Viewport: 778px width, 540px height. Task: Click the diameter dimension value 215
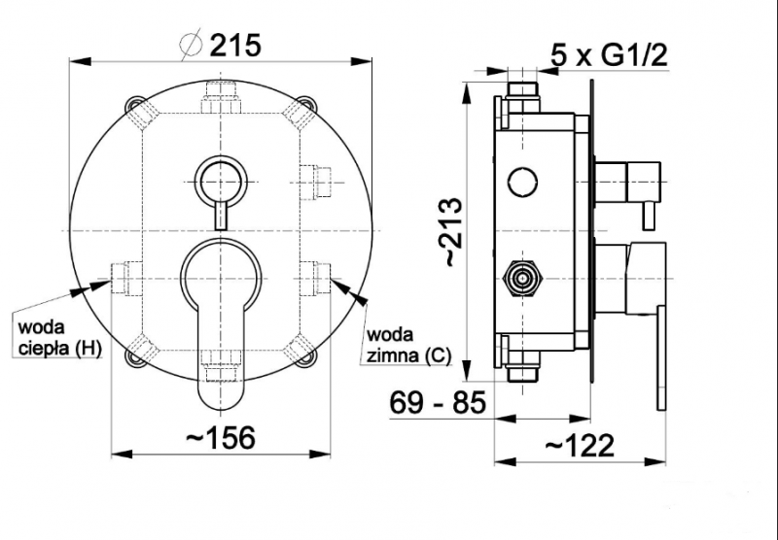pyautogui.click(x=235, y=45)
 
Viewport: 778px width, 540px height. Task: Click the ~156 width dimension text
pyautogui.click(x=221, y=437)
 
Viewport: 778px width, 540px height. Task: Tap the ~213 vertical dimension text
pyautogui.click(x=454, y=232)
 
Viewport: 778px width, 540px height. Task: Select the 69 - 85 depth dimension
pyautogui.click(x=437, y=402)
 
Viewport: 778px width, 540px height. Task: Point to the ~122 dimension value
pyautogui.click(x=580, y=446)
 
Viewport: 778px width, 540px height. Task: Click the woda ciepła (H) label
pyautogui.click(x=59, y=338)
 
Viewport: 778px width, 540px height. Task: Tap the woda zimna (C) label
pyautogui.click(x=408, y=346)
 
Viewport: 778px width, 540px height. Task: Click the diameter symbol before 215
pyautogui.click(x=192, y=45)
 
